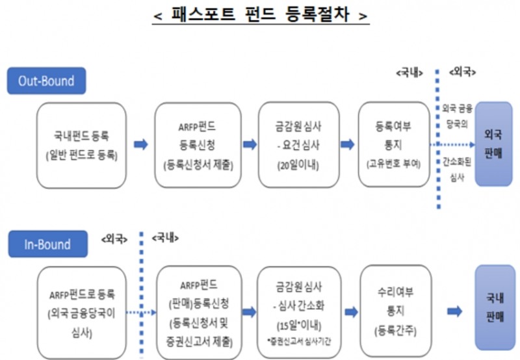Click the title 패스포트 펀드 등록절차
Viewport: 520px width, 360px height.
pos(260,14)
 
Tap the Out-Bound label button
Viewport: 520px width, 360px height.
pos(46,82)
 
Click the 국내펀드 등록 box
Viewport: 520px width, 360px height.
pos(81,145)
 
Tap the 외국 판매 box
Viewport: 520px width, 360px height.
pos(499,144)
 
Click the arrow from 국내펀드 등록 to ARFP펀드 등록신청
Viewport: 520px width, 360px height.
pos(140,144)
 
